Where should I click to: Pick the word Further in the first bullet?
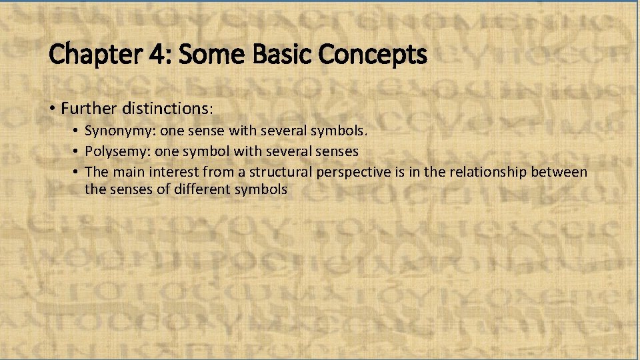click(x=88, y=107)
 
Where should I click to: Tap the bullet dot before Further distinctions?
click(x=53, y=107)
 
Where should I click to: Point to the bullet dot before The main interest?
click(x=77, y=172)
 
